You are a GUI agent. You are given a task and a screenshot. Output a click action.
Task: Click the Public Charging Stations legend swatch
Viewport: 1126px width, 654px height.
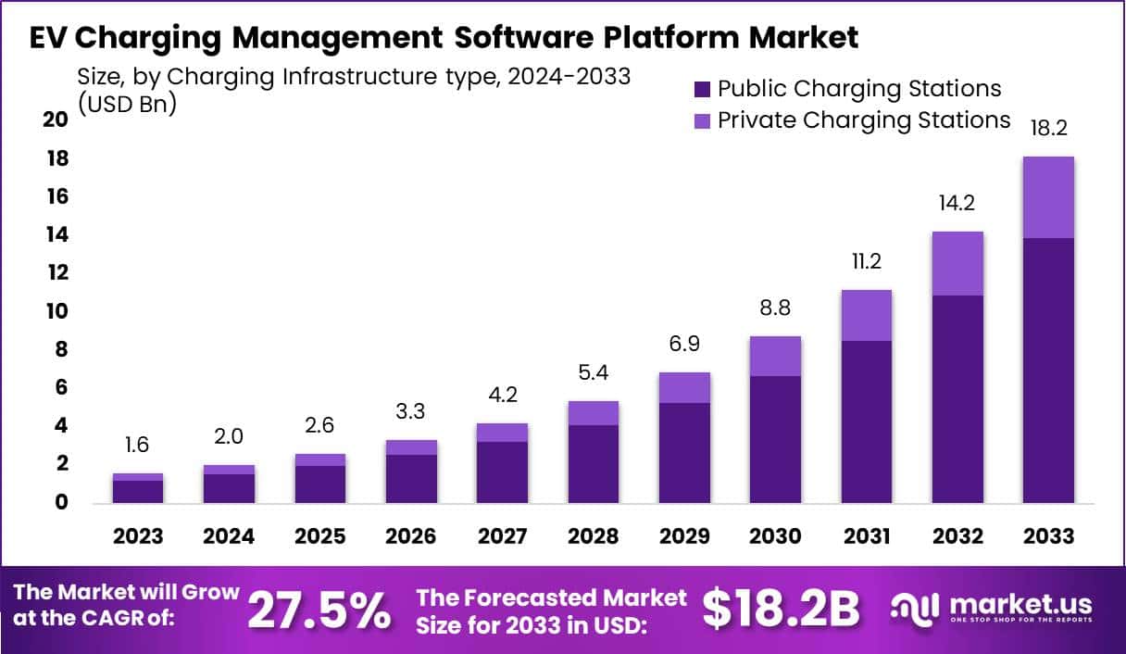[702, 90]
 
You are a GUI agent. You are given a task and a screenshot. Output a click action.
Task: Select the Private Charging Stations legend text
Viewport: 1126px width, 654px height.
[864, 120]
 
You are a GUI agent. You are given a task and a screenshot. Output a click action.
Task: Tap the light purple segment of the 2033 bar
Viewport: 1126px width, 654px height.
[1048, 197]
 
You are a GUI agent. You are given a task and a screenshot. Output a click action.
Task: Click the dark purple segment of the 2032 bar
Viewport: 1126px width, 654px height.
[957, 398]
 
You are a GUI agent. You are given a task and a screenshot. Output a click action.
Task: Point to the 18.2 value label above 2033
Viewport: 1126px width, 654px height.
[1048, 128]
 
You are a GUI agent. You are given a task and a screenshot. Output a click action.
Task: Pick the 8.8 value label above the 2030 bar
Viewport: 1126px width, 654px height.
[775, 308]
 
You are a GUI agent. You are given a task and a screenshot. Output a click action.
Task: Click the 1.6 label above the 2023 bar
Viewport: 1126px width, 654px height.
[138, 446]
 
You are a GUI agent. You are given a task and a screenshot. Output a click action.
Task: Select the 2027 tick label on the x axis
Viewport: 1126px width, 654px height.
[502, 536]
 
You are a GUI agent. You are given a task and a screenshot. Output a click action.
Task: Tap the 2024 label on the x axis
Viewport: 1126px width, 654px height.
[229, 536]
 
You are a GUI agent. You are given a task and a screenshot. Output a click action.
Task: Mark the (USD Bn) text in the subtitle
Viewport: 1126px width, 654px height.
[127, 104]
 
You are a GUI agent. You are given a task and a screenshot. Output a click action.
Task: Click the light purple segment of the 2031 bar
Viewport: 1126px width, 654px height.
[867, 315]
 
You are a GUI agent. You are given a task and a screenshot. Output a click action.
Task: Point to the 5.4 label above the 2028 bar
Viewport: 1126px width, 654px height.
[593, 372]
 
